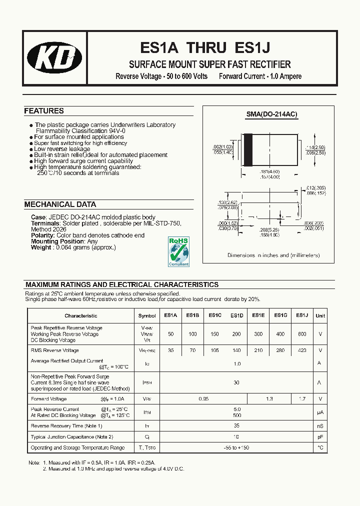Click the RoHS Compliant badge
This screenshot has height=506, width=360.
tap(178, 251)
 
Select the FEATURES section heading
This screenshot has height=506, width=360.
tap(44, 111)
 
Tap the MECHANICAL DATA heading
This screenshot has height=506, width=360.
tap(60, 204)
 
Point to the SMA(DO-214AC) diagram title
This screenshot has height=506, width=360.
tap(271, 114)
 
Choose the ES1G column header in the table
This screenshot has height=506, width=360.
tap(280, 315)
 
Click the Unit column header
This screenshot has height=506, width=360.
tap(320, 315)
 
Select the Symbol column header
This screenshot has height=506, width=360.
tap(147, 316)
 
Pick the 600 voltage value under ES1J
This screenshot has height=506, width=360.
tap(301, 334)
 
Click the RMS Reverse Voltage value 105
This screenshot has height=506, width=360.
tap(214, 350)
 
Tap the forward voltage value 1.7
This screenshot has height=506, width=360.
tap(301, 399)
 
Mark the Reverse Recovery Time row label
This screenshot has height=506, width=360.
tap(66, 426)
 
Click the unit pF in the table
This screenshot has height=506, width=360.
tap(320, 436)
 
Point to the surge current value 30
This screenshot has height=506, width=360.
tap(236, 382)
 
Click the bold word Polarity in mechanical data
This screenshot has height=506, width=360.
tap(42, 235)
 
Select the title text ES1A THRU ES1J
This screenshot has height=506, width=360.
tap(205, 48)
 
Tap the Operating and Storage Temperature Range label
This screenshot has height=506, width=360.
tap(77, 447)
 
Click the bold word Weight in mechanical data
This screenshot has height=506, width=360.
tap(41, 247)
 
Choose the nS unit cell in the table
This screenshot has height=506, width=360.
tap(320, 426)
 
